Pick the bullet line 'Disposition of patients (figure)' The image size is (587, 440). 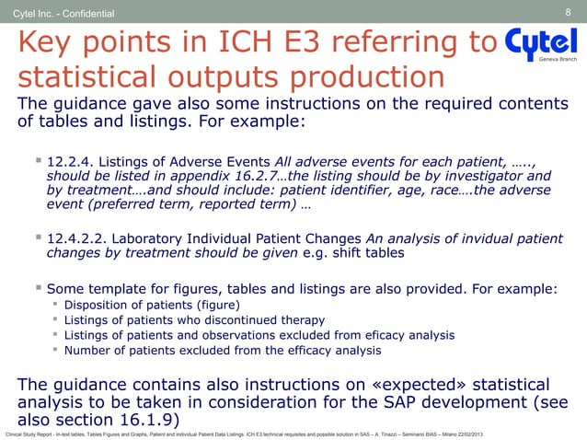(155, 305)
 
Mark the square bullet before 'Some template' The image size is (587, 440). (38, 286)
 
